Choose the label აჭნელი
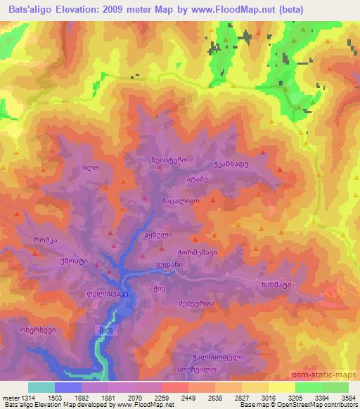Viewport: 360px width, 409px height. click(158, 235)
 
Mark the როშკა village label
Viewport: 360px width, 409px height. click(46, 240)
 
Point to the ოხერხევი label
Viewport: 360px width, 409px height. click(37, 330)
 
